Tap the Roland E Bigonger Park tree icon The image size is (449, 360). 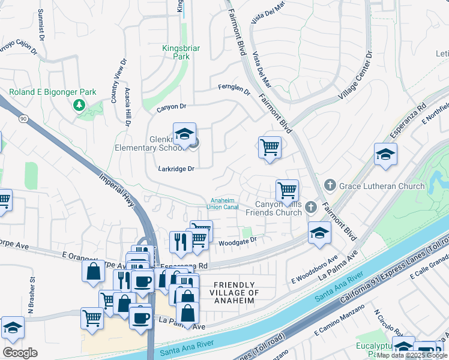[79, 106]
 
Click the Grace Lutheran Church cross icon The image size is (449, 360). [329, 186]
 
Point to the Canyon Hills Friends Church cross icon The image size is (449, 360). [310, 208]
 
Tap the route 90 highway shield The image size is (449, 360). [22, 119]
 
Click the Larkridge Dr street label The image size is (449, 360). [177, 169]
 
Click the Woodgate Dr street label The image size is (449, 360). [237, 242]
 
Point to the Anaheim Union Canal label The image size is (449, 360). [223, 204]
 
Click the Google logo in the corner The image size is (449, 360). [20, 353]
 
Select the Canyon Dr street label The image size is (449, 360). [172, 107]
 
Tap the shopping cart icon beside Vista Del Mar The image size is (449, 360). [270, 146]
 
